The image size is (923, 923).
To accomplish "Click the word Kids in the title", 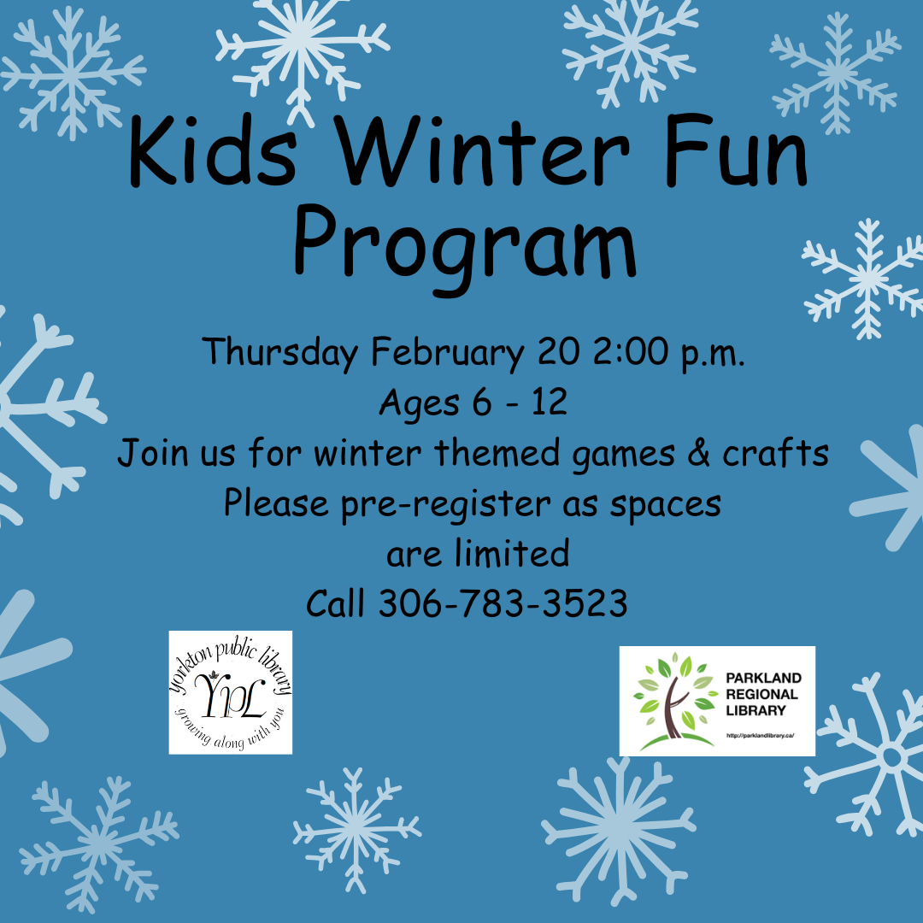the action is coord(212,150).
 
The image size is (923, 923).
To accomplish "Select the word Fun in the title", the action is coord(737,150).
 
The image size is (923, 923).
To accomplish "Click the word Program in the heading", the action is coord(465,247).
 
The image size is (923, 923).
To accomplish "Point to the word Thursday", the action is coord(280,352).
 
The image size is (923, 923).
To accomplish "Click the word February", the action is coord(447,352).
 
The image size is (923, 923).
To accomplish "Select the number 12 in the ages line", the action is coord(550,402).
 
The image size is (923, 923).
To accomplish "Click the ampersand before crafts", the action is coord(699,453).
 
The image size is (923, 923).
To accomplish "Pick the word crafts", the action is coord(776,453).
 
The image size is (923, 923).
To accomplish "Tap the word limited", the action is coord(512,553).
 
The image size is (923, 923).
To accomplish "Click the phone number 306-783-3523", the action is coord(503,603).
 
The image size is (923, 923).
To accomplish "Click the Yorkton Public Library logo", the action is coord(231,692).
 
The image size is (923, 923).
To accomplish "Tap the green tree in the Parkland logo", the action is coord(676,701).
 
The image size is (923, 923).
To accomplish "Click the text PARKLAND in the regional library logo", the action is coord(763,678).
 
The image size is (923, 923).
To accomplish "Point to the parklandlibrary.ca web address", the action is coord(761,735).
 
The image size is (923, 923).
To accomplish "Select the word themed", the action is coord(497,453).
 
